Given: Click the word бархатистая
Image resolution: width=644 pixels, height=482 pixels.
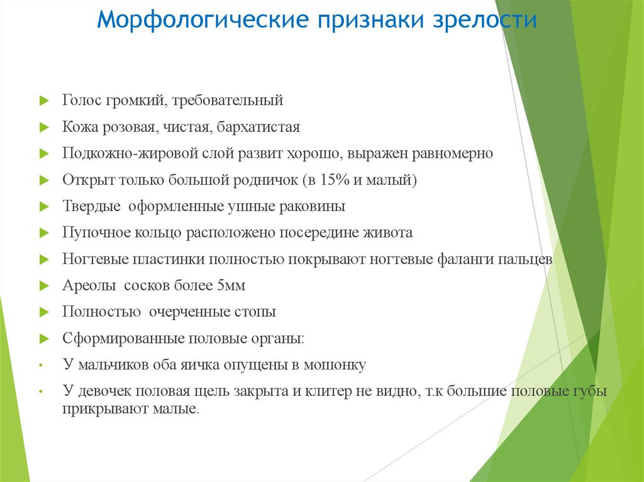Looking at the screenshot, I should click(x=258, y=127).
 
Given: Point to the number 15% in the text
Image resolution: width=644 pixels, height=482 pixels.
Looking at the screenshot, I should click(x=334, y=180).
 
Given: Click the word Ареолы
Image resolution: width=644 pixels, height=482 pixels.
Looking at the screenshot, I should click(x=89, y=285).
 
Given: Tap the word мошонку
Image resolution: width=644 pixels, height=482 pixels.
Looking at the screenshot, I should click(x=334, y=364).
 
